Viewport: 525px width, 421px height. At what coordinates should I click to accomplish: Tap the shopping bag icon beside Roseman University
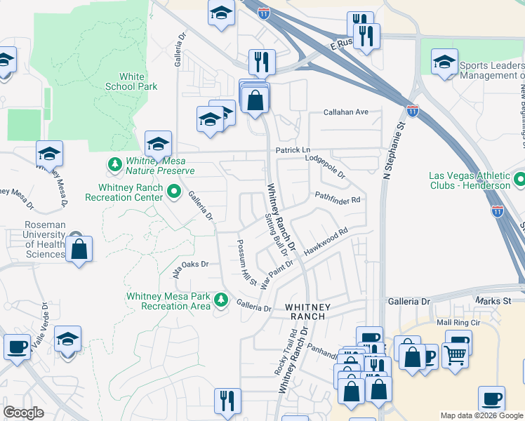pyautogui.click(x=79, y=249)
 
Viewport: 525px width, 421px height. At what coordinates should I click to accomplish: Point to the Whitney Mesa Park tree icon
pyautogui.click(x=221, y=300)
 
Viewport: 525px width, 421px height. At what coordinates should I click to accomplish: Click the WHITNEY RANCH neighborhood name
pyautogui.click(x=304, y=312)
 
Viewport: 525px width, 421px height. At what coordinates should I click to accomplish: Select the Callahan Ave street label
pyautogui.click(x=346, y=112)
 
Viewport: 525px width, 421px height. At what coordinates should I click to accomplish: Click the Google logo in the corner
pyautogui.click(x=23, y=413)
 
